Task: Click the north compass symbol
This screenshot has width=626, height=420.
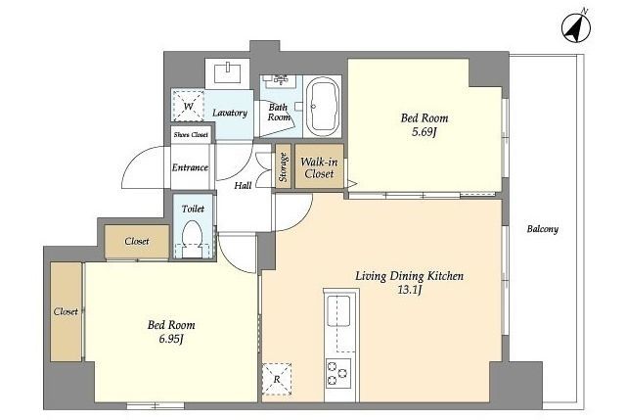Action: pos(576,28)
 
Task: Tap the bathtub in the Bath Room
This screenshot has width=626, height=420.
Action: pos(322,107)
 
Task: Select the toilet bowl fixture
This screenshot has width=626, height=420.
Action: pos(192,238)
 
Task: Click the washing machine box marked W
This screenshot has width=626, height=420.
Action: pos(189,106)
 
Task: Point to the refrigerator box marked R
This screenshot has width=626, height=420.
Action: pos(277,379)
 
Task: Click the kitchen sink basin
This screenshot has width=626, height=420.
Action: pos(339,311)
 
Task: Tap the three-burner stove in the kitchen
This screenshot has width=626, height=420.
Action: pos(338,373)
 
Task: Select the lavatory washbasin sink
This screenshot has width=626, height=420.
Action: pos(227,73)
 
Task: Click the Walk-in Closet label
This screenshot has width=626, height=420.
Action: pos(319,167)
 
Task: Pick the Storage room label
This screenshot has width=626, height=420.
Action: pos(283,167)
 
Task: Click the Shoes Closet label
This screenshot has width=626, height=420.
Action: pos(191,135)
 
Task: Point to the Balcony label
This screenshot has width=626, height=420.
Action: pos(543,229)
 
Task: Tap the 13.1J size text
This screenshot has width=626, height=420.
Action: pos(410,290)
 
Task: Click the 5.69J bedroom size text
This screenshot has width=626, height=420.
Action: pos(425,131)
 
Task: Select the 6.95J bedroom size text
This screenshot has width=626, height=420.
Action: pos(171,339)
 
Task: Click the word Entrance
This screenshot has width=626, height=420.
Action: pos(190,167)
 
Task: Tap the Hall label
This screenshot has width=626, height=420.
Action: pos(243,185)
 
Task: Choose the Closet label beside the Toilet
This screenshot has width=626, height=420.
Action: pos(137,242)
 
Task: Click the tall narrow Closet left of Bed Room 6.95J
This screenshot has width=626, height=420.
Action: pos(67,311)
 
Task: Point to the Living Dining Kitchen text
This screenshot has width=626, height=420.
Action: pos(410,276)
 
